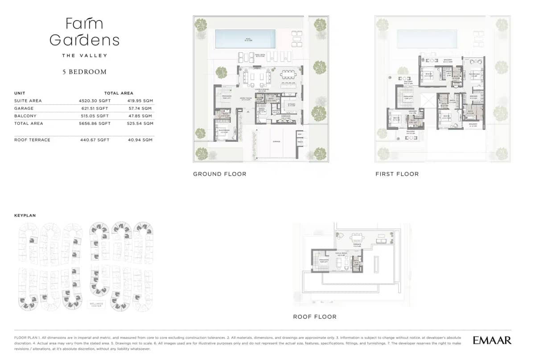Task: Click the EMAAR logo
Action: coord(492,340)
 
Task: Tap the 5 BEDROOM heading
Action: coord(84,72)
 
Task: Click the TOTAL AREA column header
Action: coord(119,93)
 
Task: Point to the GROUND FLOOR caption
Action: coord(219,174)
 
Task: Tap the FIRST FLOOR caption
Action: coord(397,174)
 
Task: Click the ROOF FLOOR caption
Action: coord(314,317)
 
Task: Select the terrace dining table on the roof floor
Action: coord(357,237)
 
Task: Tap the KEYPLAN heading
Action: coord(25,215)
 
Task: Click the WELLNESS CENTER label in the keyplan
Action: coord(96,305)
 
